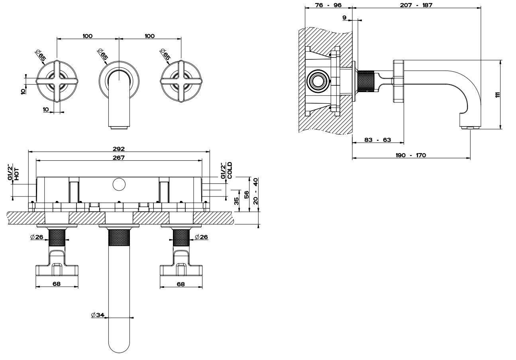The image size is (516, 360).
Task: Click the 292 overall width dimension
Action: (119, 149)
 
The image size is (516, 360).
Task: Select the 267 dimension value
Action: (119, 157)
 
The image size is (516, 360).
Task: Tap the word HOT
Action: (17, 175)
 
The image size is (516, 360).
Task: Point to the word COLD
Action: (230, 171)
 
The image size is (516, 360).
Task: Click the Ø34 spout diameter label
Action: (98, 315)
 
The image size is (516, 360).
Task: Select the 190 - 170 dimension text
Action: (411, 155)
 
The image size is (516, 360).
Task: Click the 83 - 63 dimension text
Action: (378, 140)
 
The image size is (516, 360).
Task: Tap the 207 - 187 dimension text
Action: (416, 5)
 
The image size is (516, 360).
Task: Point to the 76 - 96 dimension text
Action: (328, 5)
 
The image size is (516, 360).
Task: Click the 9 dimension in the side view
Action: (344, 17)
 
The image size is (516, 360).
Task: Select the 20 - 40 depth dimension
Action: (256, 191)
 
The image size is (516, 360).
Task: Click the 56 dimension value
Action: (247, 194)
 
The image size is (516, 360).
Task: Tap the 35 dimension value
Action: (237, 201)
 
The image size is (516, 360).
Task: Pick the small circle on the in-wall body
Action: (118, 184)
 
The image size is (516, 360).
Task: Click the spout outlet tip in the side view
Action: (471, 128)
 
